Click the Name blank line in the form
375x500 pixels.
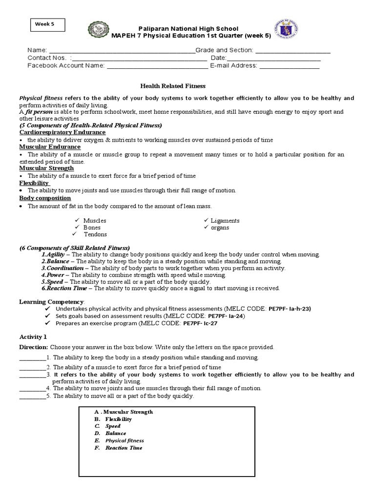pyautogui.click(x=121, y=50)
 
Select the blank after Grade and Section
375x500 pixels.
pyautogui.click(x=292, y=50)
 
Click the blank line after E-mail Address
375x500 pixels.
pyautogui.click(x=289, y=66)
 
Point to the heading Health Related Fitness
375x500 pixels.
pyautogui.click(x=170, y=86)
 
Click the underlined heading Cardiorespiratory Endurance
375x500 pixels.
pyautogui.click(x=62, y=132)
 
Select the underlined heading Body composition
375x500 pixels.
pyautogui.click(x=45, y=198)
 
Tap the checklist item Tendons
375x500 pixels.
pyautogui.click(x=95, y=234)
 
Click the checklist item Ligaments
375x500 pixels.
pyautogui.click(x=225, y=221)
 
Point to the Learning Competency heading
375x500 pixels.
pyautogui.click(x=52, y=302)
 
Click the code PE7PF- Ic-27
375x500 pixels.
pyautogui.click(x=200, y=323)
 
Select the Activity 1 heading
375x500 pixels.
pyautogui.click(x=33, y=337)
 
